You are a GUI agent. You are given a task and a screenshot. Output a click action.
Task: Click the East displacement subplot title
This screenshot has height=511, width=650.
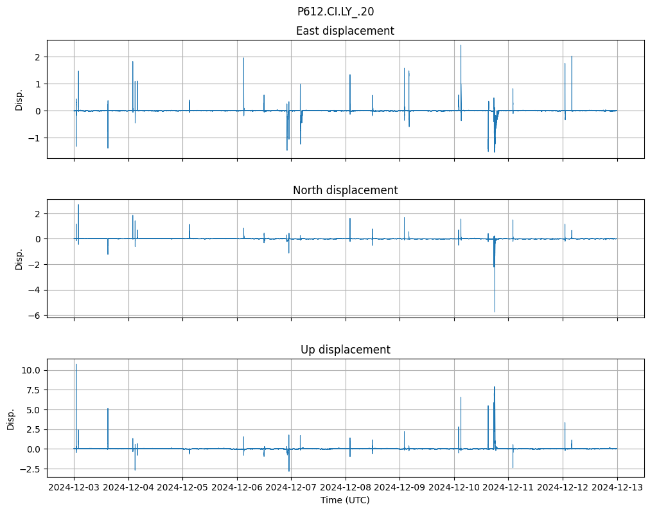click(x=345, y=31)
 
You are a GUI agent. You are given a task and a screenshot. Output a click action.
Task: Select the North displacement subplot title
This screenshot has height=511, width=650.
click(x=345, y=190)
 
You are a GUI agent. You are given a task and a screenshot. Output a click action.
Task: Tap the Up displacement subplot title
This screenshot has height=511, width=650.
click(x=345, y=350)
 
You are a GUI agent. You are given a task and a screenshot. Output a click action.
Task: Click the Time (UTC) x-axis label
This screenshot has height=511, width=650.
click(x=345, y=500)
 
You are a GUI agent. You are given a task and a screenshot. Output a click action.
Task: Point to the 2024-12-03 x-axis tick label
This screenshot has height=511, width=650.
click(x=74, y=488)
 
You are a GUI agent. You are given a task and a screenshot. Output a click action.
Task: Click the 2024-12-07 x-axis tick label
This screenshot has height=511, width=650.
click(x=292, y=488)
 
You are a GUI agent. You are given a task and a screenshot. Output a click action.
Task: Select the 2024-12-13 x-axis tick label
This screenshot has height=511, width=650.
click(x=617, y=488)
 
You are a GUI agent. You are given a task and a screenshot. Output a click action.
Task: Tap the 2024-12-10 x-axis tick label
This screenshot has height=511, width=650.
click(x=454, y=488)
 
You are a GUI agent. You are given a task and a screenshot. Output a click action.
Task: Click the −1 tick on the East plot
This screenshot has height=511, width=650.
click(x=36, y=138)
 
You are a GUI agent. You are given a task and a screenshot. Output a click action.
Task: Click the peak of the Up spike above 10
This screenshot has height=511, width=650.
click(x=76, y=364)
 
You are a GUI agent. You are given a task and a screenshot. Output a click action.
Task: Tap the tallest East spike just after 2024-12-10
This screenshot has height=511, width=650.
click(x=461, y=45)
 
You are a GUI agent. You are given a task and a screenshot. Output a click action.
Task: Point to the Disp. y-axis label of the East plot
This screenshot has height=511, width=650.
click(x=19, y=100)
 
